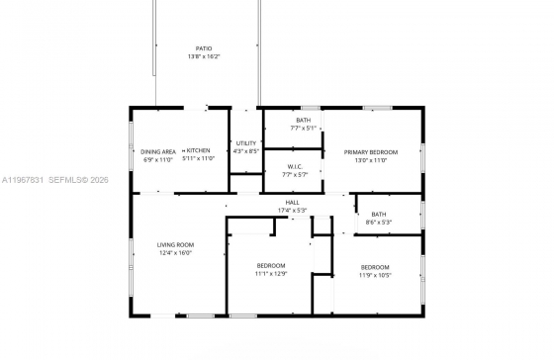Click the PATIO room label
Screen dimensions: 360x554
tap(204, 48)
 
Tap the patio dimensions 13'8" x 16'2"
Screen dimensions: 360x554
tap(204, 56)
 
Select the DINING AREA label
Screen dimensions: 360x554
tap(158, 151)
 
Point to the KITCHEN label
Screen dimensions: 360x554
tap(198, 151)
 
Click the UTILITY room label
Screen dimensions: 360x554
tap(245, 143)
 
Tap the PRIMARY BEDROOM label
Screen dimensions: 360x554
tap(371, 151)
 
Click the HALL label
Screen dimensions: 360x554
tap(294, 203)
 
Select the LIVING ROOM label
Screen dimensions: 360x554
tap(175, 244)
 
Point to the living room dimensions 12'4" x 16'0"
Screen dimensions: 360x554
tap(175, 253)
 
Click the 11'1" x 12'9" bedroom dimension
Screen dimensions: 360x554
tap(271, 274)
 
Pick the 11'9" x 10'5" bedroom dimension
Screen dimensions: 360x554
tap(374, 275)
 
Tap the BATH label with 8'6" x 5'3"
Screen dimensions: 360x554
tap(379, 214)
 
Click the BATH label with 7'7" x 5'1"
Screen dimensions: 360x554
tap(303, 121)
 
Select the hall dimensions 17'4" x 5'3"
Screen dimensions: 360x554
tap(294, 211)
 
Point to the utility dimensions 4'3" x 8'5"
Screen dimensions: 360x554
tap(245, 151)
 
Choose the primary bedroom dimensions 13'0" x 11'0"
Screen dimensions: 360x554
tap(371, 159)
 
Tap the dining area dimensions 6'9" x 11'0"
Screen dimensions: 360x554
tap(158, 159)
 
